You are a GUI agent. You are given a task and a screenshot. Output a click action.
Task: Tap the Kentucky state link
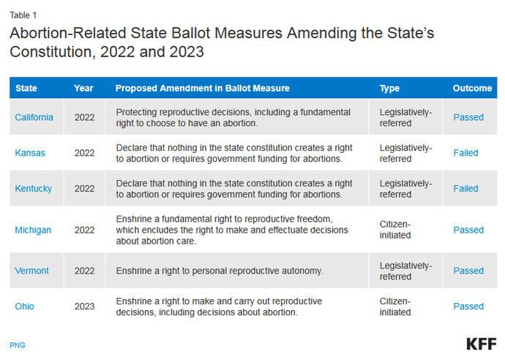[34, 188]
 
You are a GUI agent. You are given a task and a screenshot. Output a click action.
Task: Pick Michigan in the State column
[34, 230]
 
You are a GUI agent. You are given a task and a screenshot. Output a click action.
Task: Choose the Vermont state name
[32, 271]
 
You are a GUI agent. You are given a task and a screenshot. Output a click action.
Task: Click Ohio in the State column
[25, 306]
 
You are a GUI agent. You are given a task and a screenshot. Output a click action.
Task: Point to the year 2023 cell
[85, 306]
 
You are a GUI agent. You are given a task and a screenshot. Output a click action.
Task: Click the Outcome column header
[472, 89]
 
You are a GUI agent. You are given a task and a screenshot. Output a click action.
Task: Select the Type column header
[389, 89]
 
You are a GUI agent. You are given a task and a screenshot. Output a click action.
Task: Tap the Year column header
[83, 89]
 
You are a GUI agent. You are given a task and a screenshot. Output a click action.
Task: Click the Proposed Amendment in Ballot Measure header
[203, 89]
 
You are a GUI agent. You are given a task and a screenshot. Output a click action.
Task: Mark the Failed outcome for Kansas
[465, 153]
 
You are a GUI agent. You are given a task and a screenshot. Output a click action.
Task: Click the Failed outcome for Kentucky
[465, 188]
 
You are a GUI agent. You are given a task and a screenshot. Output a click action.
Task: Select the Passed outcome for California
[468, 117]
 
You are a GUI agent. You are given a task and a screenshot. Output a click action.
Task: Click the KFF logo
[480, 344]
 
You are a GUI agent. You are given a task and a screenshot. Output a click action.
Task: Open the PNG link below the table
[17, 345]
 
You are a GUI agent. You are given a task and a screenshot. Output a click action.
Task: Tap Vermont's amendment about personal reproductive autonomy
[220, 271]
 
